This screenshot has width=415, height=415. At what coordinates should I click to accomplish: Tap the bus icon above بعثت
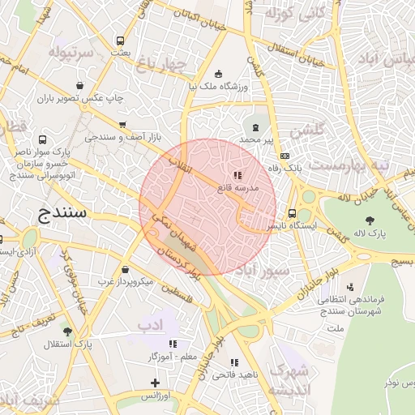pyautogui.click(x=121, y=41)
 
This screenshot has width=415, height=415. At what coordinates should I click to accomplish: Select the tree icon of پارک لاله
pyautogui.click(x=370, y=220)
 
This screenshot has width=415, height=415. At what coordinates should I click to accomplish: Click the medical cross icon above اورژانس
pyautogui.click(x=155, y=383)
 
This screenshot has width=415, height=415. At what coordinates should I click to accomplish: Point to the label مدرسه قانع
pyautogui.click(x=237, y=187)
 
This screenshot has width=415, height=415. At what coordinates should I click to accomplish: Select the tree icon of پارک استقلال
pyautogui.click(x=67, y=332)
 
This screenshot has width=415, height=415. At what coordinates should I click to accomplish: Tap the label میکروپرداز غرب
pyautogui.click(x=126, y=281)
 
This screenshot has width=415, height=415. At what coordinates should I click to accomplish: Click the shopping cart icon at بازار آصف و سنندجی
pyautogui.click(x=122, y=125)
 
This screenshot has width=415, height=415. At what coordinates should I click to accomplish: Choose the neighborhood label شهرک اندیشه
pyautogui.click(x=289, y=380)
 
